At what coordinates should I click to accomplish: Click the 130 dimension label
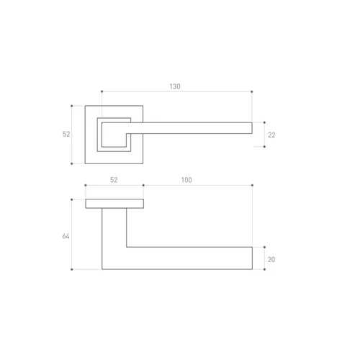click(x=175, y=86)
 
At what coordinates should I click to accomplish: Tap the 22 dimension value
click(x=271, y=135)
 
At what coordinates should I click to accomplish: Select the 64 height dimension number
click(x=66, y=236)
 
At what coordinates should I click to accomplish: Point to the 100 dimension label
click(x=186, y=180)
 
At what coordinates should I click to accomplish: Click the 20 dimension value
click(x=271, y=260)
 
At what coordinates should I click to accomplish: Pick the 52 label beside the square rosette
click(x=66, y=134)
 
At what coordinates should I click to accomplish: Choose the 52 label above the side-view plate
click(x=114, y=180)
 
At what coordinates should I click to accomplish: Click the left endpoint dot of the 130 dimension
click(x=102, y=91)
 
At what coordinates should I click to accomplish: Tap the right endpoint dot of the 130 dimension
click(x=252, y=91)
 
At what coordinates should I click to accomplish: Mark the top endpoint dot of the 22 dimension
click(x=264, y=122)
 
